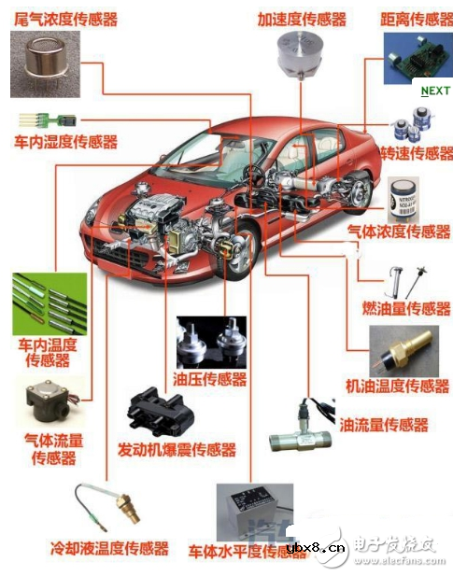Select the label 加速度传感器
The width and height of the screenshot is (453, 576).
click(x=302, y=19)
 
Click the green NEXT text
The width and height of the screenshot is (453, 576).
click(x=435, y=91)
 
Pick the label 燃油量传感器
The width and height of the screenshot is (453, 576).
click(x=406, y=308)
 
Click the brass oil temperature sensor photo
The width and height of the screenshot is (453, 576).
click(x=400, y=351)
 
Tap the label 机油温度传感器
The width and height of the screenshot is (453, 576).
click(x=397, y=386)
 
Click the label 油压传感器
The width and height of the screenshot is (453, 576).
click(x=211, y=378)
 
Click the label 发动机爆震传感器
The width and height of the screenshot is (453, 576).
click(x=176, y=449)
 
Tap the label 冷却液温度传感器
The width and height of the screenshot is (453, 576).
click(x=109, y=548)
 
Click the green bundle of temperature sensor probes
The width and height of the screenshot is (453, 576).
click(x=49, y=303)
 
